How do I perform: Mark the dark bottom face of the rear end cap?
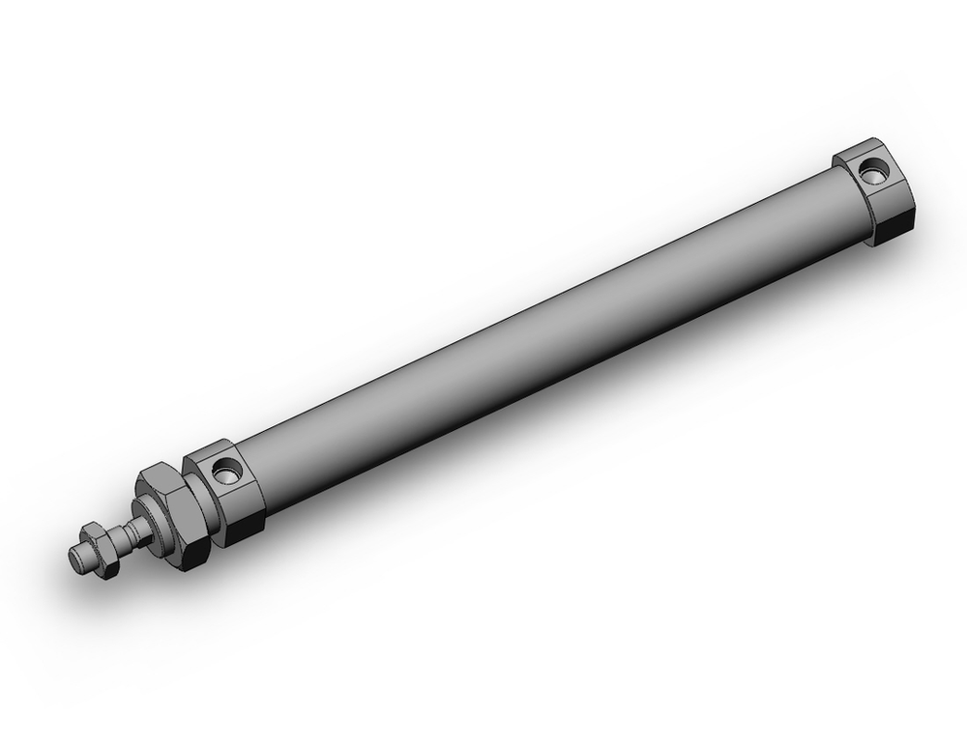click(x=894, y=232)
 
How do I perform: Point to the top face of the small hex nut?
click(x=91, y=528)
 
